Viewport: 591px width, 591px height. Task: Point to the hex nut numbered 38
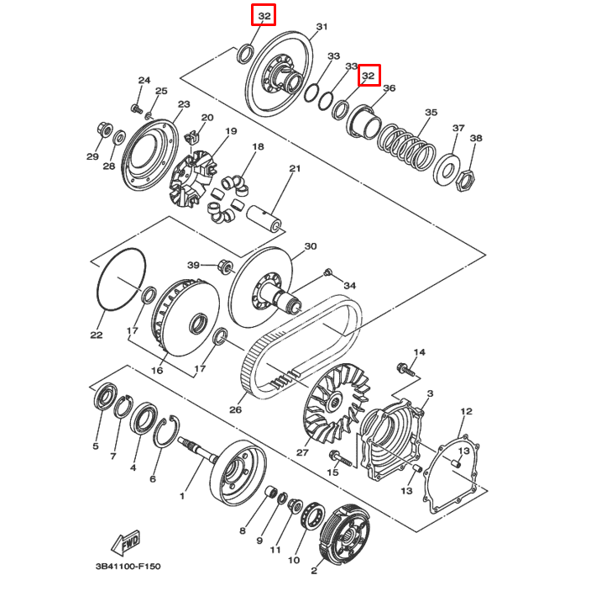467,177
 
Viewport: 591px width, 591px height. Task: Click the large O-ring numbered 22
120,280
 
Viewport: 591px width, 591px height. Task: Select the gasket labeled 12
454,475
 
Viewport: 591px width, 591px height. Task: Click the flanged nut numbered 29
103,129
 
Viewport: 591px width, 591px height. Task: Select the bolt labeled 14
405,368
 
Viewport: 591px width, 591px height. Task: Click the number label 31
321,28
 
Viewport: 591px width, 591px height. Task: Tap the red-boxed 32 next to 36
369,76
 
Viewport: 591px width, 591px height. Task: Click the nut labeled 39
224,266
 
